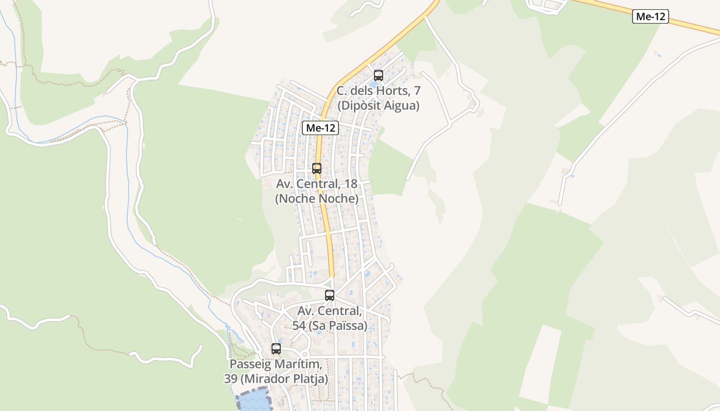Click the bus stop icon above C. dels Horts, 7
[x=379, y=76]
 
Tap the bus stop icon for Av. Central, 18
[x=317, y=168]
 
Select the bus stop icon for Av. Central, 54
[x=330, y=295]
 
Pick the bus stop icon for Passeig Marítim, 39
[x=276, y=349]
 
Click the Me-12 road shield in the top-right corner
[x=651, y=16]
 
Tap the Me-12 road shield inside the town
[x=320, y=128]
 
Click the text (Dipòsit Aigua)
[x=379, y=106]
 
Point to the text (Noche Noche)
[x=317, y=199]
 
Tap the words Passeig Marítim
[x=276, y=364]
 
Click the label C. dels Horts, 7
[x=379, y=91]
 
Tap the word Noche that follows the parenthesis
[x=298, y=199]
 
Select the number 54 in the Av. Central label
[x=299, y=326]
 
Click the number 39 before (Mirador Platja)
[x=231, y=379]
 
